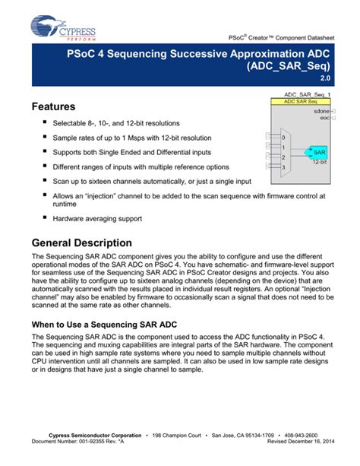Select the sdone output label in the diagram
click(321, 111)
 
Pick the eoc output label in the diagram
click(324, 118)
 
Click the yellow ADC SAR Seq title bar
click(301, 101)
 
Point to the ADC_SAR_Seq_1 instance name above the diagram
click(301, 94)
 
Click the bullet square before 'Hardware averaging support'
click(45, 217)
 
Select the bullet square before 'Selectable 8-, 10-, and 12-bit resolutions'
click(45, 122)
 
